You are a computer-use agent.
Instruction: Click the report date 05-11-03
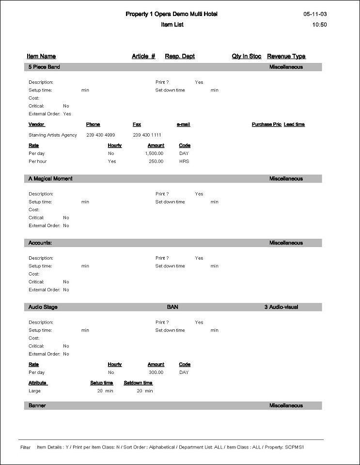click(315, 15)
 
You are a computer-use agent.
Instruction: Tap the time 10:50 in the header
click(320, 25)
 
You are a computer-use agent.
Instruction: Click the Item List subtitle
click(172, 25)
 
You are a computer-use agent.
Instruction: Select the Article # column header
click(143, 57)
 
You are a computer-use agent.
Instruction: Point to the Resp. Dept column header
click(180, 57)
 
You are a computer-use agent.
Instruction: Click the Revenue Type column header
click(286, 57)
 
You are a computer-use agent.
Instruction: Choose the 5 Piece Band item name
click(44, 67)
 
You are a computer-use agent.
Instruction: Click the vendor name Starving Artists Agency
click(53, 135)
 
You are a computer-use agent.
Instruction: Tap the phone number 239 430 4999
click(101, 135)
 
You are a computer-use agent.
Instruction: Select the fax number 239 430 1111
click(147, 135)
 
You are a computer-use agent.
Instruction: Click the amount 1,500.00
click(154, 154)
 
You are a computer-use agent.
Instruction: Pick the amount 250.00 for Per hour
click(156, 161)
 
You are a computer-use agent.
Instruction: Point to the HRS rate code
click(184, 161)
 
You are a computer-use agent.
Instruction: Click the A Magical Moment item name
click(50, 179)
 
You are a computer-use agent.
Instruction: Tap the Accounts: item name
click(40, 243)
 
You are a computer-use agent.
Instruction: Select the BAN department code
click(172, 307)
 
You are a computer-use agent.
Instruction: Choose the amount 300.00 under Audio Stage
click(156, 372)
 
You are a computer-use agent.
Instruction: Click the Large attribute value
click(35, 391)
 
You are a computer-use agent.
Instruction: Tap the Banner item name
click(37, 406)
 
